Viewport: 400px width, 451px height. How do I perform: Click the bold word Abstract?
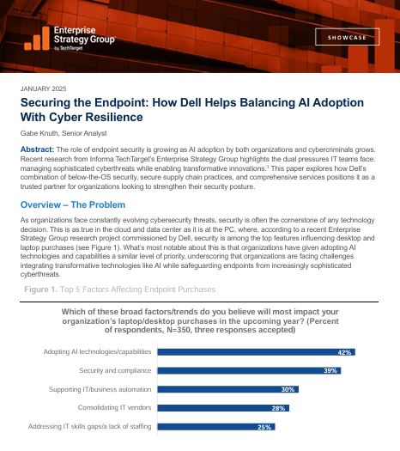(x=37, y=149)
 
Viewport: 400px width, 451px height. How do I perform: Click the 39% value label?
(x=330, y=370)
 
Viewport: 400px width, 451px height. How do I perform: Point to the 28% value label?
(x=277, y=407)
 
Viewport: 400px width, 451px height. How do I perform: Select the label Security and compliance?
(x=111, y=370)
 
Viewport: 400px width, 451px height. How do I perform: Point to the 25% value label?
(x=265, y=426)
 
